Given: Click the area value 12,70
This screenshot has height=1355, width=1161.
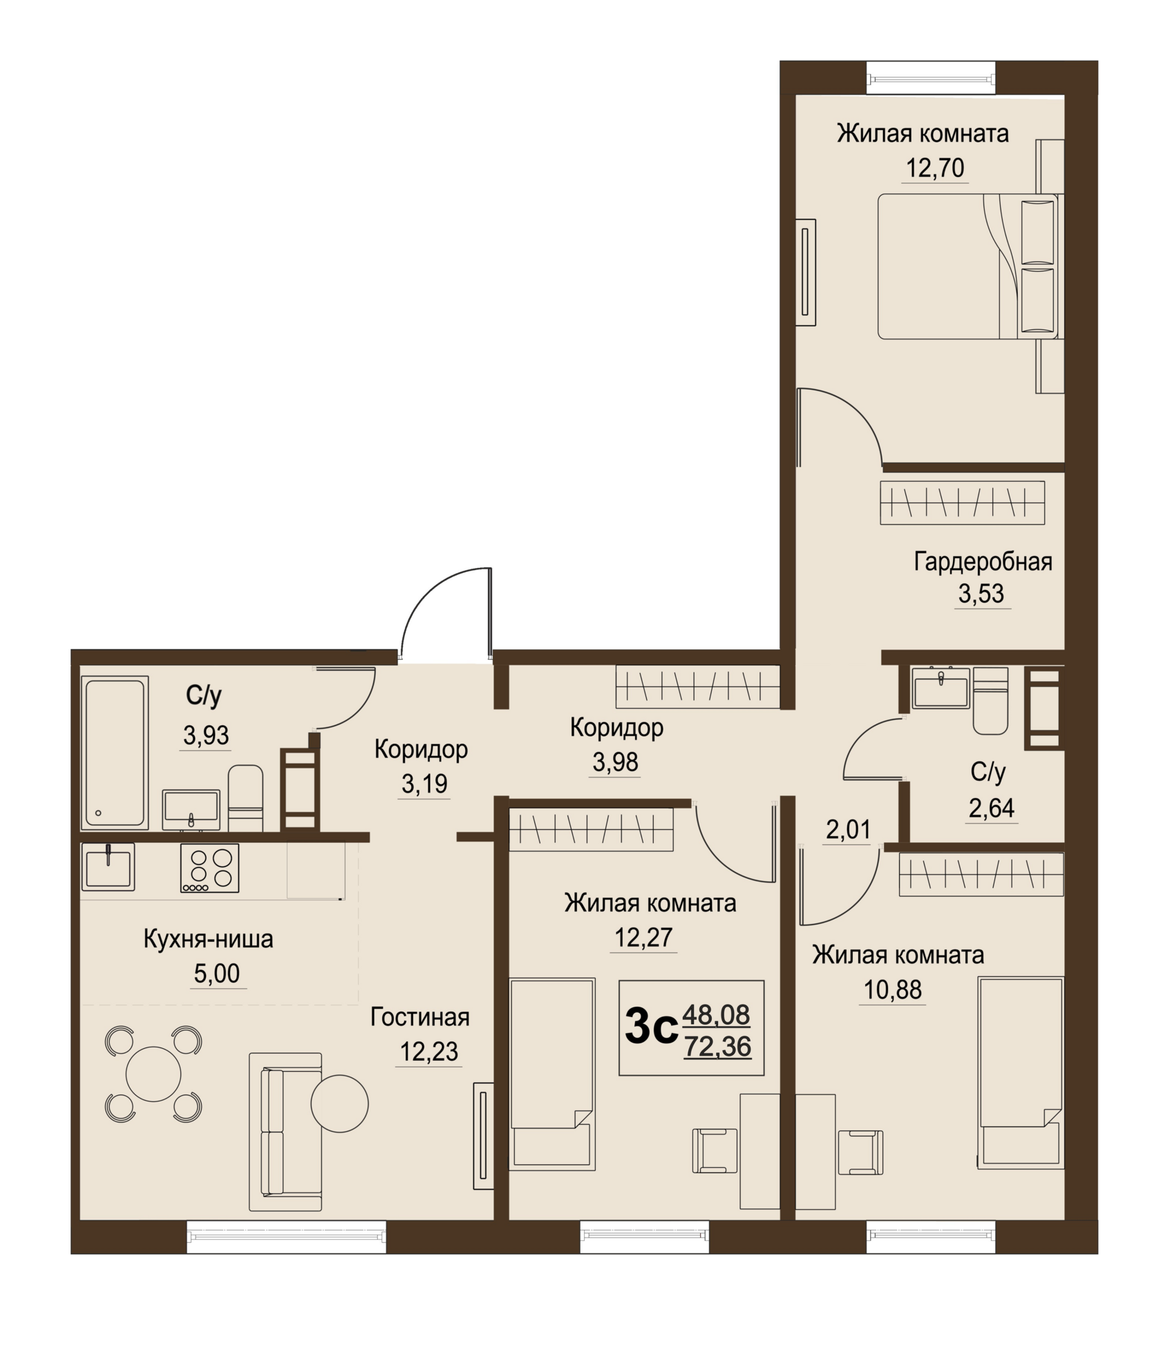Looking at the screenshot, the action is [935, 168].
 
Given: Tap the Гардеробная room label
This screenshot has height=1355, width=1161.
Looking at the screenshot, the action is [983, 562].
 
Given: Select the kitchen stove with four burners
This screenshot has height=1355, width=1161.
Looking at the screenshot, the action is [210, 868].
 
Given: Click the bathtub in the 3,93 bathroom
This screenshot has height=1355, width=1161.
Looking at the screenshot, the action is [115, 752].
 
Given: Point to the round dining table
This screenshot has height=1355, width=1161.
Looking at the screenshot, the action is [153, 1074].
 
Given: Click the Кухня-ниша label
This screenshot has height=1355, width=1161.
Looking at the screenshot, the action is [208, 939].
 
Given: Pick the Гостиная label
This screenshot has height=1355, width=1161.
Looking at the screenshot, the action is [420, 1017].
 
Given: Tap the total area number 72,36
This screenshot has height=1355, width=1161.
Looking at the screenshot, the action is [717, 1047].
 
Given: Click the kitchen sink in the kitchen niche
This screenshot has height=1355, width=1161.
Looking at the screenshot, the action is [108, 866].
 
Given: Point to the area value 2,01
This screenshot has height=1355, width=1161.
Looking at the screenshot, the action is [848, 829].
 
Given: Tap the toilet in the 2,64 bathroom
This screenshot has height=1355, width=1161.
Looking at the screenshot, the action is [990, 701].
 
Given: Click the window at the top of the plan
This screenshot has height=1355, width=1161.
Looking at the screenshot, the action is [932, 77].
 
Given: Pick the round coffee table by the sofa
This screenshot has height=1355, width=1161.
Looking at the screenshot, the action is [339, 1103].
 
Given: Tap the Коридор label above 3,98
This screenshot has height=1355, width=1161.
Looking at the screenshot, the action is [616, 728].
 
